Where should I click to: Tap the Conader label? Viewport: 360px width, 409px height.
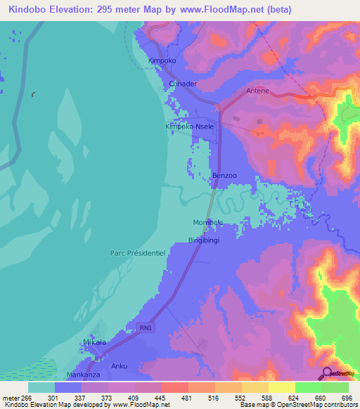pyautogui.click(x=183, y=84)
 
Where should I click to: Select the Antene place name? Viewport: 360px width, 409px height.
pyautogui.click(x=257, y=91)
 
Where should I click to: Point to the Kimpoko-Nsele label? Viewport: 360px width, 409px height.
pyautogui.click(x=188, y=126)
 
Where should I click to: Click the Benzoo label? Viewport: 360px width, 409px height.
pyautogui.click(x=224, y=175)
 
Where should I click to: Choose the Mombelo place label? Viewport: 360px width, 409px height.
pyautogui.click(x=208, y=222)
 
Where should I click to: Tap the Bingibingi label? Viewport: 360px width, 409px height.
pyautogui.click(x=204, y=240)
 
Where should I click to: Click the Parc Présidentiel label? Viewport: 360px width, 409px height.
pyautogui.click(x=137, y=252)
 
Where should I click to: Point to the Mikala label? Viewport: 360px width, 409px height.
pyautogui.click(x=95, y=342)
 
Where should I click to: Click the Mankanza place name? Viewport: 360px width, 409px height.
pyautogui.click(x=79, y=375)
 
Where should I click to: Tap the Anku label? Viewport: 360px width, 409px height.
pyautogui.click(x=119, y=366)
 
